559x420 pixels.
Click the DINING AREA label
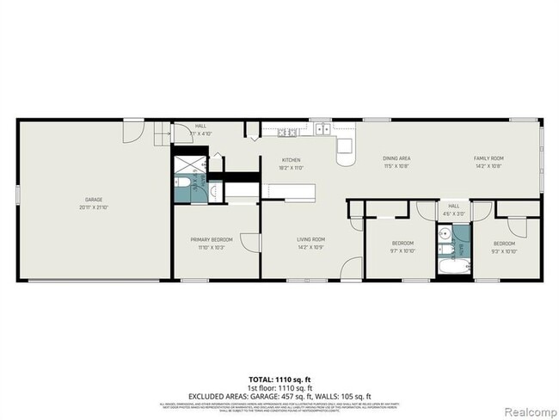point(396,158)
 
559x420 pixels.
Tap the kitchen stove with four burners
point(286,132)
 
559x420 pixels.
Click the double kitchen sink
point(323,131)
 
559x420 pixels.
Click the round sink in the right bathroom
point(445,233)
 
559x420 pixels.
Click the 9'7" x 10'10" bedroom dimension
point(402,251)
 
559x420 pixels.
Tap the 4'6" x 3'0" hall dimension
point(452,213)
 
